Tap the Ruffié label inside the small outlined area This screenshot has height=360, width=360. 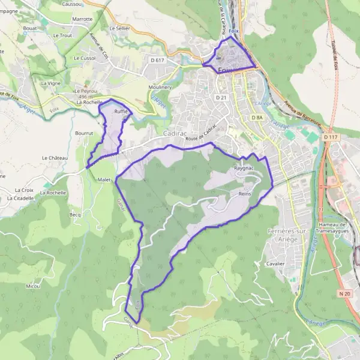coord(122,112)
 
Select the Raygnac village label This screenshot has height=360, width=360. coord(244,169)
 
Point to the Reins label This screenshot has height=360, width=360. coord(244,194)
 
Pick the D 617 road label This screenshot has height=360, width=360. coord(158,61)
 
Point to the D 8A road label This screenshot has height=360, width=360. coord(257,118)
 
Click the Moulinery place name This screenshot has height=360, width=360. coord(160,87)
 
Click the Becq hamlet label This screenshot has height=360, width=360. coord(75,214)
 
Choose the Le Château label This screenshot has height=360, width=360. coord(55,158)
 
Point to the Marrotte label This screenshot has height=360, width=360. coord(82,19)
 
